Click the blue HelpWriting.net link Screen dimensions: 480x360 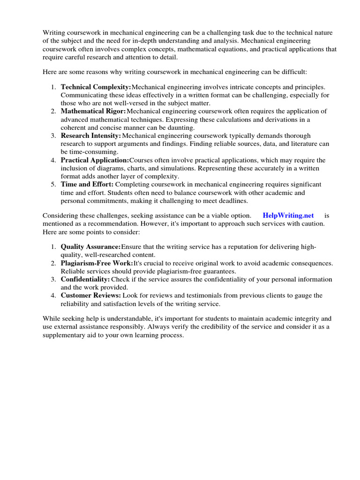288,215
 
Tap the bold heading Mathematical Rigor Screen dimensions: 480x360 93,112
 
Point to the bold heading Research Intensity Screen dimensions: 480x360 91,136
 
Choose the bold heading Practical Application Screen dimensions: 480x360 95,160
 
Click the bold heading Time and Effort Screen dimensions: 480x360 87,185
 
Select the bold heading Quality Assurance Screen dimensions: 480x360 90,247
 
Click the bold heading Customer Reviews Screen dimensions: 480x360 91,295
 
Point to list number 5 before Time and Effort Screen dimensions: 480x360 53,185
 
